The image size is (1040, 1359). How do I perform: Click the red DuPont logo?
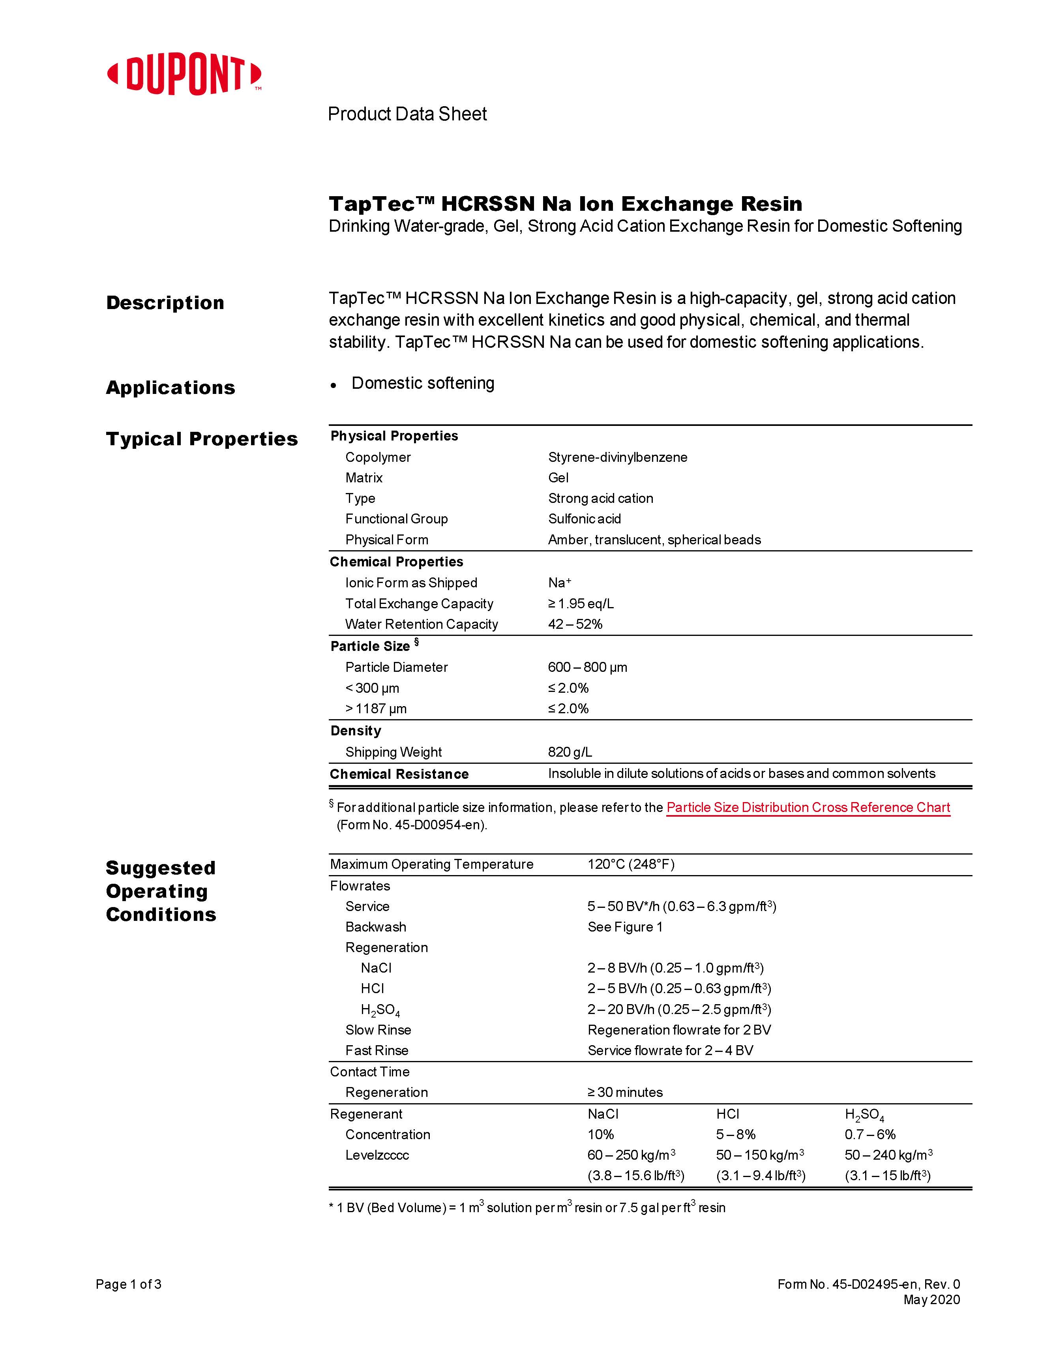click(184, 75)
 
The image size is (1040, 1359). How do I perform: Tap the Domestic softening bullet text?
click(423, 383)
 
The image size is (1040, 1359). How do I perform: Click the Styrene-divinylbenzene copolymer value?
click(617, 457)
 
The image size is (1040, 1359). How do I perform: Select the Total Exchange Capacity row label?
click(419, 604)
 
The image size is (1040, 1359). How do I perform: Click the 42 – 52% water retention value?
click(575, 624)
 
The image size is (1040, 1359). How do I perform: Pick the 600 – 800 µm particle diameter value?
click(587, 667)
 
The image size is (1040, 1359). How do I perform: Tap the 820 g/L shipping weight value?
click(570, 752)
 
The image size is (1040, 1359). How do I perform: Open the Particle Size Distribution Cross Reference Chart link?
click(808, 807)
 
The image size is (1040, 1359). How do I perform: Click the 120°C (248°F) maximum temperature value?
click(630, 864)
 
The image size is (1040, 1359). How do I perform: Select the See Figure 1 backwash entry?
click(625, 927)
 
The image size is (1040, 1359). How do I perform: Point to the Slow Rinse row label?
click(378, 1030)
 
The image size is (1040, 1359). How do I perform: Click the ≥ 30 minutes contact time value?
click(625, 1092)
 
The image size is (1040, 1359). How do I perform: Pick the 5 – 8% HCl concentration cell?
click(735, 1134)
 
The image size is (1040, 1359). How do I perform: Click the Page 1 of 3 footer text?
click(128, 1284)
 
